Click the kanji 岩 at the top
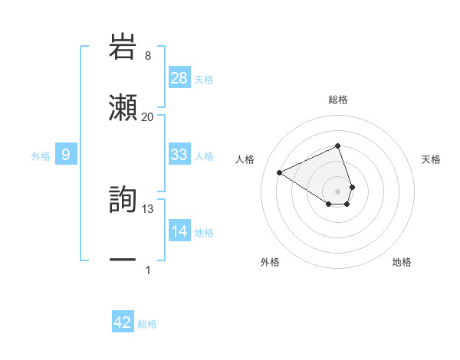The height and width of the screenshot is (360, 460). coord(123,46)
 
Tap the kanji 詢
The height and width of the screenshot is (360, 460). coord(123,199)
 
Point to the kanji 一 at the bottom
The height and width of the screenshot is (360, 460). coord(123,260)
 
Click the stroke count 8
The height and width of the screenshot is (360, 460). coord(148,56)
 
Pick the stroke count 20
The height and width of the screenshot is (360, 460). coord(148,116)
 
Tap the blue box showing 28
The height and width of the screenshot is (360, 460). coord(179,78)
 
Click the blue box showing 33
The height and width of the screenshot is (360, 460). coord(179,155)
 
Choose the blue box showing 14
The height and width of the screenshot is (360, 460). coord(179,231)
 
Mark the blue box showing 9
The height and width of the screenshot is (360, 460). coord(66,155)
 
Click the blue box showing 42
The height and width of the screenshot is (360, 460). coord(123,322)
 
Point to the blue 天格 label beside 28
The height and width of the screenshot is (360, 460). coord(204,79)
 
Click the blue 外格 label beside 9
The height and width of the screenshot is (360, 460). coord(41,156)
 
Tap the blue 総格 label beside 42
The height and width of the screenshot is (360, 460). coord(147,324)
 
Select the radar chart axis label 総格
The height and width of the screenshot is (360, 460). coord(338,100)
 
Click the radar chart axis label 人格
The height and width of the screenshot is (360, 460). coord(245,159)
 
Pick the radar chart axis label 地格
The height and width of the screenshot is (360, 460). coord(402,263)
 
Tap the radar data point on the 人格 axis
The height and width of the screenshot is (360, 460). coord(280,172)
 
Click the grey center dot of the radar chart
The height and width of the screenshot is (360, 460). coord(338,191)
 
